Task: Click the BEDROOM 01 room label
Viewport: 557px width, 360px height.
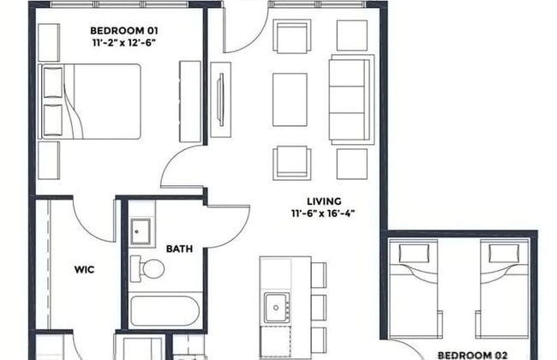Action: [124, 31]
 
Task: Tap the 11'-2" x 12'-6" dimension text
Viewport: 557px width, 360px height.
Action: [124, 43]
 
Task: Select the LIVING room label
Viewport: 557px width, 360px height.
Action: [324, 201]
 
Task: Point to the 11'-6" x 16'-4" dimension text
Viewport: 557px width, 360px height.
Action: [323, 213]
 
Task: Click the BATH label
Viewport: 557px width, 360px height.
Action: [179, 249]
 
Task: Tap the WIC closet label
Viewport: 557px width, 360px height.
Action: [85, 270]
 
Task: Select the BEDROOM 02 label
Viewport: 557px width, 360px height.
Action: [472, 356]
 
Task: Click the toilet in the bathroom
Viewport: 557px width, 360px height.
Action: [147, 268]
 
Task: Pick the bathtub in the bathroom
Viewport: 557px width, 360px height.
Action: [165, 310]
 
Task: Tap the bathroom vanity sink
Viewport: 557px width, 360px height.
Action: [141, 231]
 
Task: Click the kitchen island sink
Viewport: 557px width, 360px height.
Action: [277, 308]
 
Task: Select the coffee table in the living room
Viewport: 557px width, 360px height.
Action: [290, 100]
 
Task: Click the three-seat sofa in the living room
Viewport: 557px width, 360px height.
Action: [351, 99]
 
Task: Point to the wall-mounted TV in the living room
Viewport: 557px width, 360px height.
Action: [221, 100]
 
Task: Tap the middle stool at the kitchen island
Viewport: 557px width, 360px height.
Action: [319, 308]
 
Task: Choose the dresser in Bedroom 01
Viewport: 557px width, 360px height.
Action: [190, 102]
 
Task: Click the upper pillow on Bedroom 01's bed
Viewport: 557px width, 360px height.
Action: [52, 82]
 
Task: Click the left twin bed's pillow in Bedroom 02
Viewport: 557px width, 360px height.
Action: [414, 254]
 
